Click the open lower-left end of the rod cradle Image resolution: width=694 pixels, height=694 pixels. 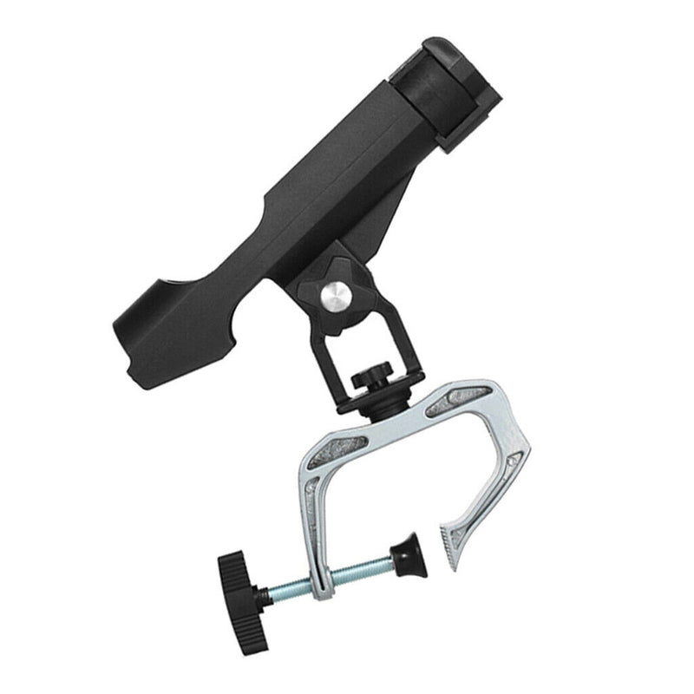point(143,334)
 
